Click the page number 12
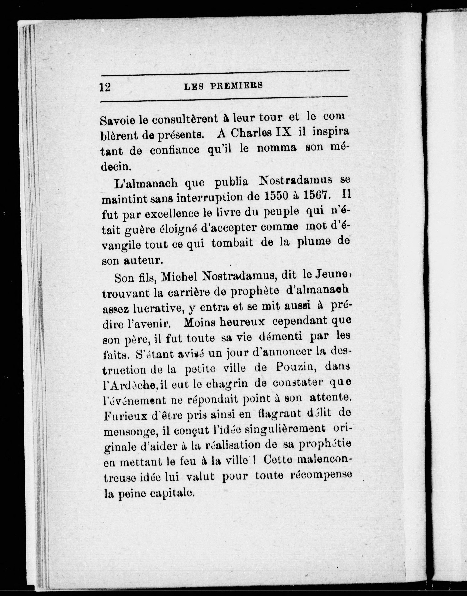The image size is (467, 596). (x=105, y=87)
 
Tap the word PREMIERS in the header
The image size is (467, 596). (x=236, y=86)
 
